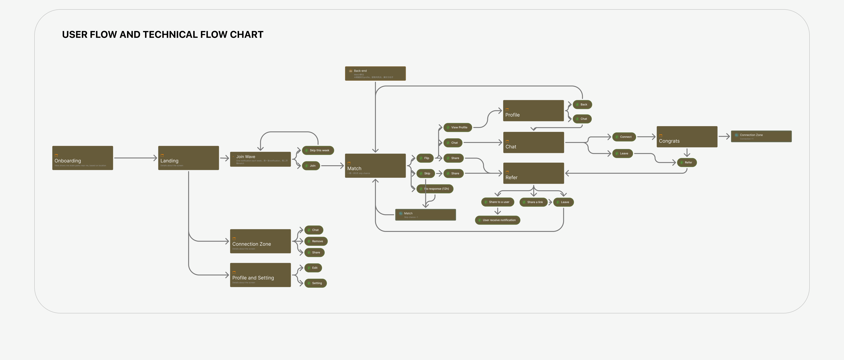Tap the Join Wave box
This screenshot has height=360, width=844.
point(260,159)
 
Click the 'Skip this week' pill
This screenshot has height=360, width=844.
point(318,150)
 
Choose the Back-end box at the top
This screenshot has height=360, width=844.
point(375,73)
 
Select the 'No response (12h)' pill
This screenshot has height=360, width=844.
point(435,189)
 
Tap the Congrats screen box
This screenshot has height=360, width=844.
point(687,137)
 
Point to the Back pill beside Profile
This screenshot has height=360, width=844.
point(582,104)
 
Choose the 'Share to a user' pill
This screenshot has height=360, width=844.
point(497,202)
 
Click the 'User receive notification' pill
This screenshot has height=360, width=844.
point(497,220)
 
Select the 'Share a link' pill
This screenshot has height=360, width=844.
point(533,202)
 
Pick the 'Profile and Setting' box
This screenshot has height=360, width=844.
point(260,275)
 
